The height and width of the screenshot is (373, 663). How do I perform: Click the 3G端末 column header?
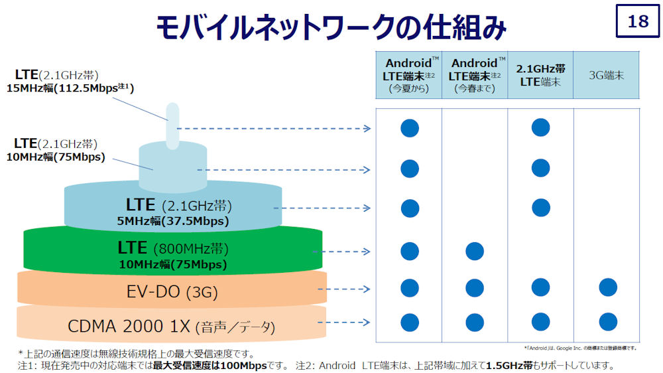coord(606,75)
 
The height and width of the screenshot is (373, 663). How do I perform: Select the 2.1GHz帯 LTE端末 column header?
coord(540,75)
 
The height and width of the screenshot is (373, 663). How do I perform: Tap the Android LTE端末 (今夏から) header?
coord(409,75)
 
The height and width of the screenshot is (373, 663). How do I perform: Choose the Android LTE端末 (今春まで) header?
coord(475,75)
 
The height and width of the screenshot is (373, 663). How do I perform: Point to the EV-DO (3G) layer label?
coord(172,291)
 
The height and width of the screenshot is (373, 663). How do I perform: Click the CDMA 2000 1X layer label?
coord(171,327)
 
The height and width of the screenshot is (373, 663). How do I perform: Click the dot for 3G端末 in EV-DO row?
coord(608,287)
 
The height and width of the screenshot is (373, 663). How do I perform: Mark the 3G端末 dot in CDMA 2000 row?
coord(608,323)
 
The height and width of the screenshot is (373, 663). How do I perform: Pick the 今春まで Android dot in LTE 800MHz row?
coord(475,251)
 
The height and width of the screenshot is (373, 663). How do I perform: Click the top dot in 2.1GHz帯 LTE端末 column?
coord(540,127)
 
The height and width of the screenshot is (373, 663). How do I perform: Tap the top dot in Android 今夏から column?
coord(410,127)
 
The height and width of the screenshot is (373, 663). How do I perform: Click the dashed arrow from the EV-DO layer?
coord(348,289)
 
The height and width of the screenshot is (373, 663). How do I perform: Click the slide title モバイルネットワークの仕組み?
coord(331,28)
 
